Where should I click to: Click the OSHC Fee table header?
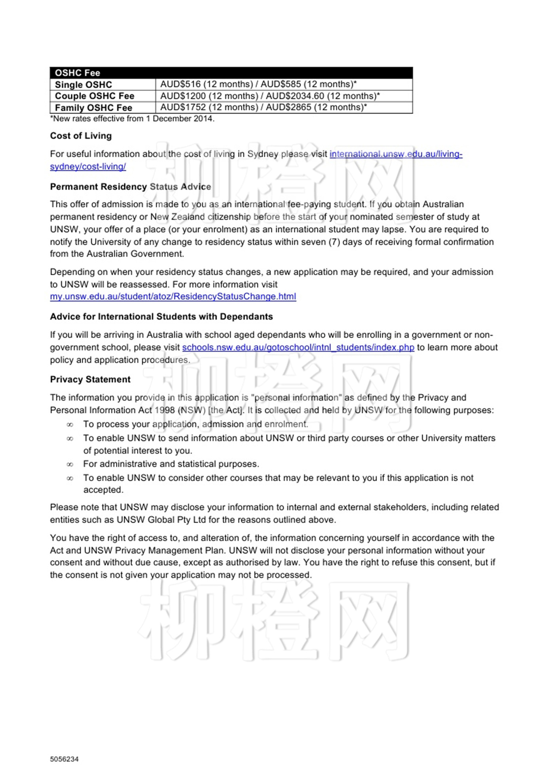(x=78, y=73)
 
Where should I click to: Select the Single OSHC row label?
(x=83, y=85)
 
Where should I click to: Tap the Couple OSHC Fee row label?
(x=95, y=96)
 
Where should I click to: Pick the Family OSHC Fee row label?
(x=93, y=108)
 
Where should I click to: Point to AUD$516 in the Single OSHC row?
(x=180, y=84)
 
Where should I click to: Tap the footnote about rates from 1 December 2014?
(x=132, y=119)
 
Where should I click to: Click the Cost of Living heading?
(x=81, y=136)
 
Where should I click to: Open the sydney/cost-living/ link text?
(x=88, y=167)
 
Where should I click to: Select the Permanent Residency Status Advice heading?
(x=131, y=187)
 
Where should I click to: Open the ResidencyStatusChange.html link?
(x=173, y=297)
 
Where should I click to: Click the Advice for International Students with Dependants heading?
(x=161, y=317)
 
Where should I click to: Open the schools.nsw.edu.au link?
(x=298, y=348)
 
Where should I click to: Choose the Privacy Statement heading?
(x=90, y=380)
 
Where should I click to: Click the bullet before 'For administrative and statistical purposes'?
(x=70, y=464)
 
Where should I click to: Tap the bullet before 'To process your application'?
(x=70, y=425)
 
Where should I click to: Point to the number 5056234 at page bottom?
(x=64, y=759)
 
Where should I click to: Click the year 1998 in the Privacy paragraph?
(x=164, y=410)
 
